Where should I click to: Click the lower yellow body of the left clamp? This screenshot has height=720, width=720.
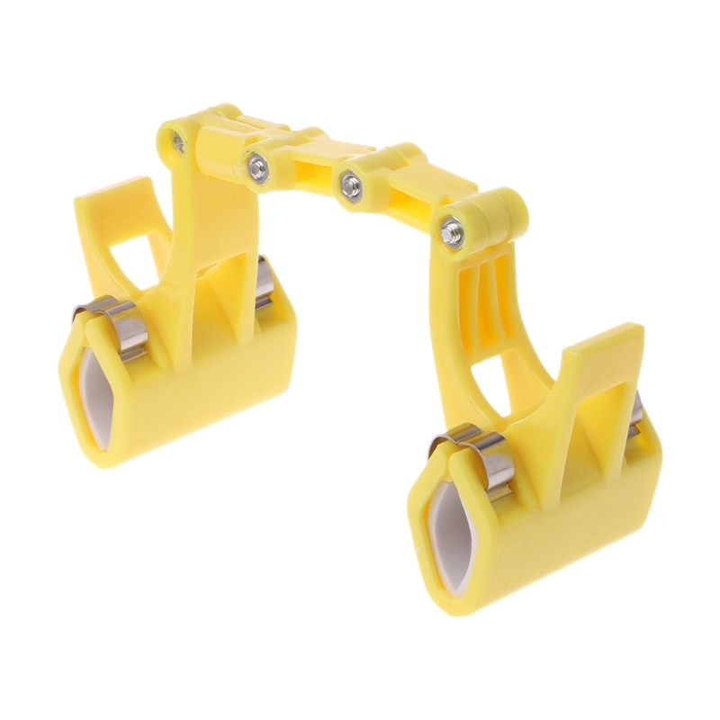pos(207,378)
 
